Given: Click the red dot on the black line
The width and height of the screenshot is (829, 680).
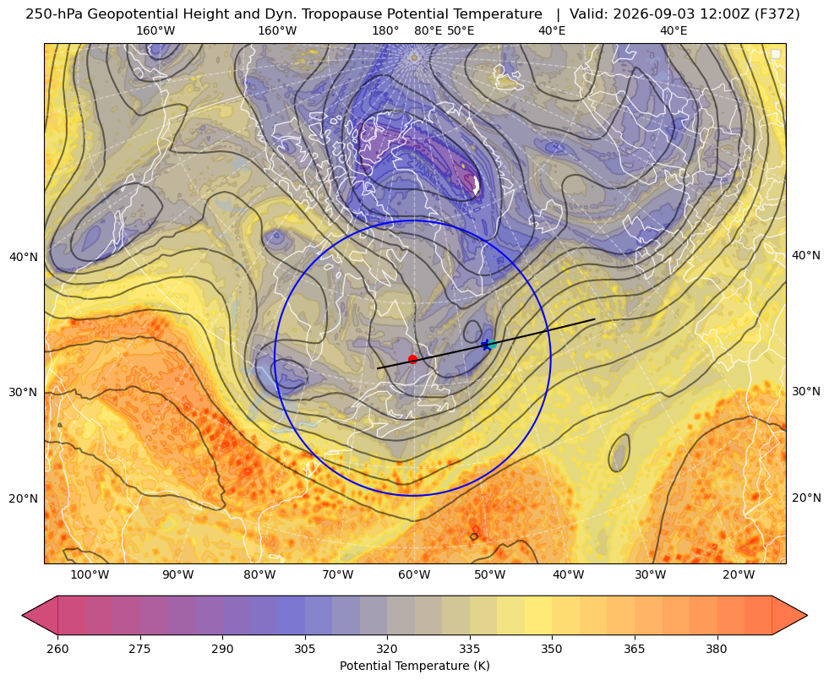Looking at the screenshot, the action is (412, 359).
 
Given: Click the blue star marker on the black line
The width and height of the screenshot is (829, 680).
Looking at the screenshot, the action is (487, 345).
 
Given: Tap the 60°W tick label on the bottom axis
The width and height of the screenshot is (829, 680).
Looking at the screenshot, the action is (414, 574).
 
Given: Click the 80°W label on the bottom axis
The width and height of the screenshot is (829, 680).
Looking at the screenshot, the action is (259, 574).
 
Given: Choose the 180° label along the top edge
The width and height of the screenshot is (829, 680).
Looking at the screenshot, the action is (385, 30).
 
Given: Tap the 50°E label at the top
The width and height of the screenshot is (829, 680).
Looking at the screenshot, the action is (461, 30).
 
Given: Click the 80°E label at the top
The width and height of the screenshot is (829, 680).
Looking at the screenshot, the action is (428, 30).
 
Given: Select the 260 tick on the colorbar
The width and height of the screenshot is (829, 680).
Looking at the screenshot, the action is (57, 649).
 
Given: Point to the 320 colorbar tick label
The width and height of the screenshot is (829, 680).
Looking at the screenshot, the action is (388, 649).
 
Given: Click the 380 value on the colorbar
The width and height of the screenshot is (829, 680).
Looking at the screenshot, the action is (717, 649).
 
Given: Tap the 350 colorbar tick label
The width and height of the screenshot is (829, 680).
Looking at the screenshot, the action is (552, 649).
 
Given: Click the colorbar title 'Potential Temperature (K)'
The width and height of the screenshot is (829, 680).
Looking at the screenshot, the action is (414, 666).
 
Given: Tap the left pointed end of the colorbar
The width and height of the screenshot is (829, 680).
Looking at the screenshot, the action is (22, 615).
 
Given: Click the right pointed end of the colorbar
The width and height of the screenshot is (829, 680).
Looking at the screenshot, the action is (807, 615).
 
